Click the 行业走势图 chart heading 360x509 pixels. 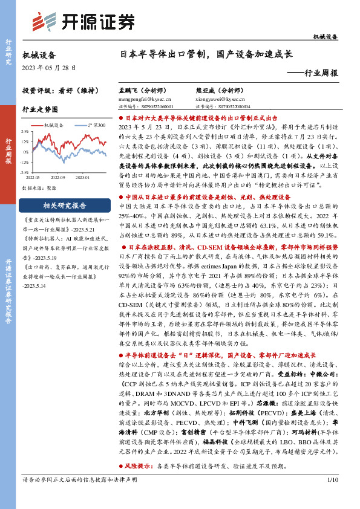(40, 110)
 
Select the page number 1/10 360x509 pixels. (331, 496)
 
